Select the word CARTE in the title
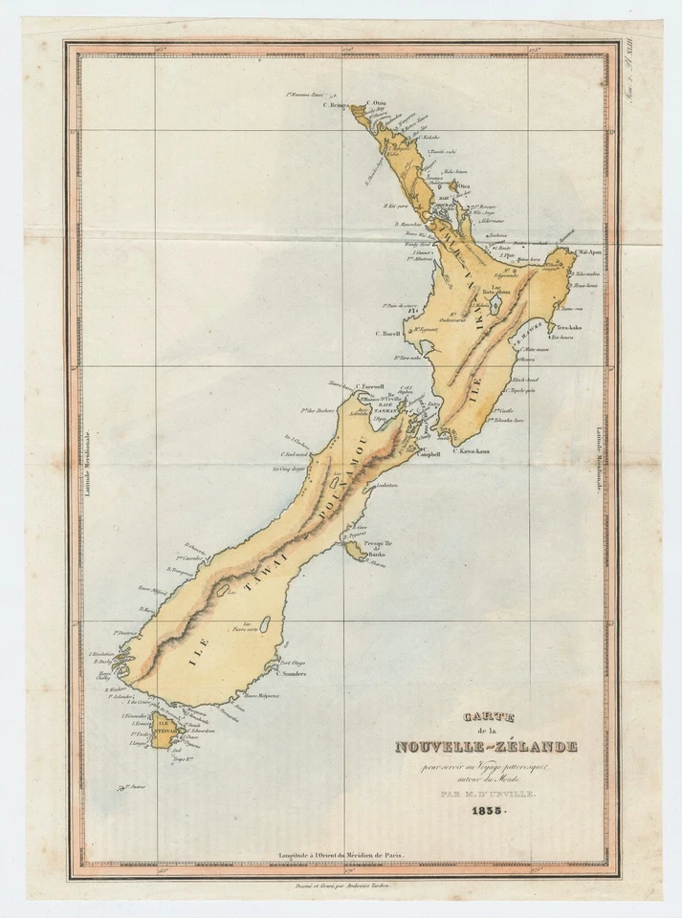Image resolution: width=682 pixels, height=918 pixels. [488, 716]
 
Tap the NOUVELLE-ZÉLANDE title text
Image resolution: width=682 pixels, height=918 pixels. [486, 746]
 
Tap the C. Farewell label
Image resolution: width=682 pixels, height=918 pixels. [369, 387]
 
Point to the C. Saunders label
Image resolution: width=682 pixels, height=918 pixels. [293, 673]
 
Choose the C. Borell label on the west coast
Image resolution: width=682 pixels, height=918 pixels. [386, 334]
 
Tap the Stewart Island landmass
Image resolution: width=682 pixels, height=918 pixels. [162, 732]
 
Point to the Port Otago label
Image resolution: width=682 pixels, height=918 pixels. [292, 663]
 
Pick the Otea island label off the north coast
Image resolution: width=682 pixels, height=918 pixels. [464, 186]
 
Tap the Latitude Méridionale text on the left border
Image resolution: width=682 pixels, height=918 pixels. [86, 461]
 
